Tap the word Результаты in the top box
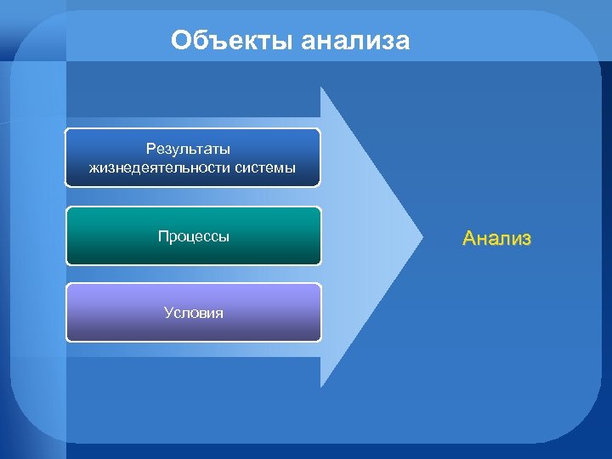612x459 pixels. (193, 150)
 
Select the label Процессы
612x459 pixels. (193, 236)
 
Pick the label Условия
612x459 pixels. (193, 313)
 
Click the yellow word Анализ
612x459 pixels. (497, 239)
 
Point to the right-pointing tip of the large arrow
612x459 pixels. (422, 237)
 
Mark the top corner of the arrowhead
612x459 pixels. (321, 88)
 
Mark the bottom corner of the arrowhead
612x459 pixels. (321, 388)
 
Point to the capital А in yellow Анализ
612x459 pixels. (469, 239)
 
